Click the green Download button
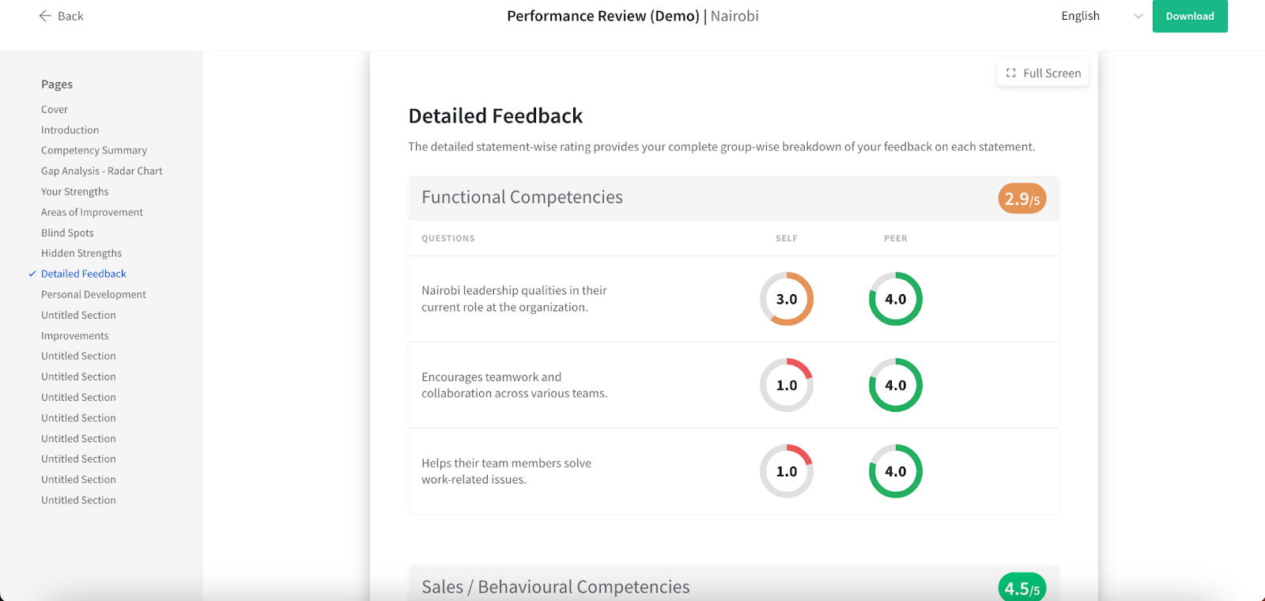(1189, 17)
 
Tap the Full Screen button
(1043, 74)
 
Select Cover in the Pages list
(55, 110)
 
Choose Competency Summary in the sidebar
(94, 151)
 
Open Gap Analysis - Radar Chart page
(102, 172)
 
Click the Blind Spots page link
(67, 233)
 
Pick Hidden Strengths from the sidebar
(81, 254)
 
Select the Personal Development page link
(93, 295)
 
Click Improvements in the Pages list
(75, 336)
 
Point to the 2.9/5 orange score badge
(1021, 198)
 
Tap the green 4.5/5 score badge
(1021, 588)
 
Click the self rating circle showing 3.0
(787, 299)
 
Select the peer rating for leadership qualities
(896, 299)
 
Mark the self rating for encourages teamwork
(787, 385)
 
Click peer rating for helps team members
(896, 471)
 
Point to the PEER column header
(896, 239)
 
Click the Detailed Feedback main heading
(496, 116)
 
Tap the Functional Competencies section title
(522, 198)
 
